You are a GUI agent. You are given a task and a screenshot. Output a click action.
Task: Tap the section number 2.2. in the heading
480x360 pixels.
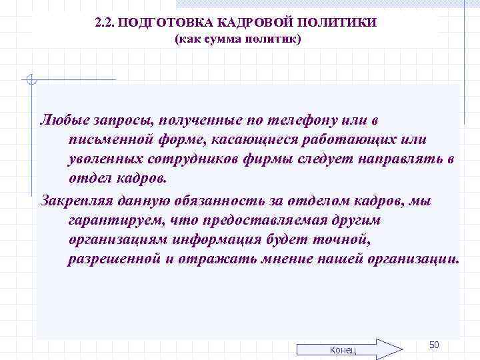tap(105, 23)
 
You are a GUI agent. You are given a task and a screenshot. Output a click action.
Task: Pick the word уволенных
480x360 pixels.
tap(103, 159)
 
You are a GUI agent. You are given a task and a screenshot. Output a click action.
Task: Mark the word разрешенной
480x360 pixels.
tap(116, 259)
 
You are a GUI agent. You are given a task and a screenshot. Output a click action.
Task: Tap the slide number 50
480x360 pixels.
tap(434, 344)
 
